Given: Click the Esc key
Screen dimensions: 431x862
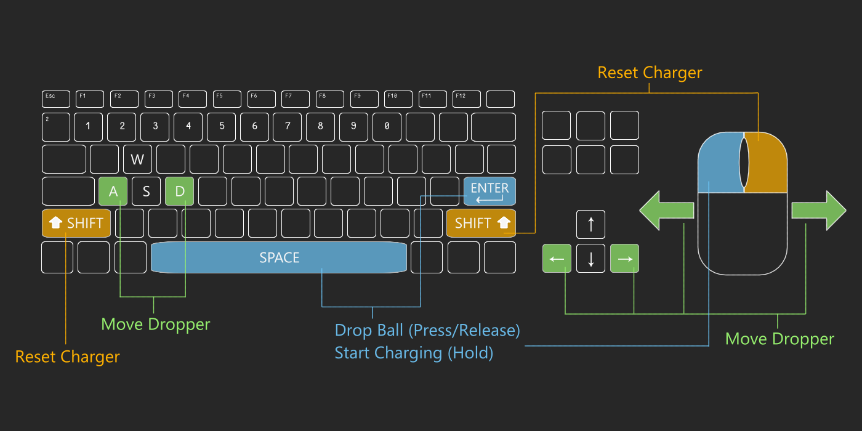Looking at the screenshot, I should coord(56,99).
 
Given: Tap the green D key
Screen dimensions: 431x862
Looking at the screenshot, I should coord(180,191).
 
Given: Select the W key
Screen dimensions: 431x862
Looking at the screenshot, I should coord(137,159).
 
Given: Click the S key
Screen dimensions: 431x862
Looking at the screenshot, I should coord(147,191).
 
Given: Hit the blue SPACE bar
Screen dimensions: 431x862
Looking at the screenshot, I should coord(279,257).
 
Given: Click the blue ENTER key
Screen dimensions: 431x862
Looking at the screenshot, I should coord(489,191).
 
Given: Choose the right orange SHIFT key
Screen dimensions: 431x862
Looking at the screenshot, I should coord(481,223).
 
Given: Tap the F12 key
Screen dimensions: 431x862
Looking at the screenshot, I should coord(466,99).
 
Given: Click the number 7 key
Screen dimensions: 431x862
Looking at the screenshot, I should coord(288,127).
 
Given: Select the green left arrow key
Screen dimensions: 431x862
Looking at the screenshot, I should coord(557,259).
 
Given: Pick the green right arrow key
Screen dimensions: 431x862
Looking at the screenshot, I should coord(624,259).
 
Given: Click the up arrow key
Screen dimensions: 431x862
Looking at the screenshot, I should coord(590,225).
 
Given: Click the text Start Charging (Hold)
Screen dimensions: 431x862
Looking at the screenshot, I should coord(414,353).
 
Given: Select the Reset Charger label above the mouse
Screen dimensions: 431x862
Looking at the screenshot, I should coord(650,73).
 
